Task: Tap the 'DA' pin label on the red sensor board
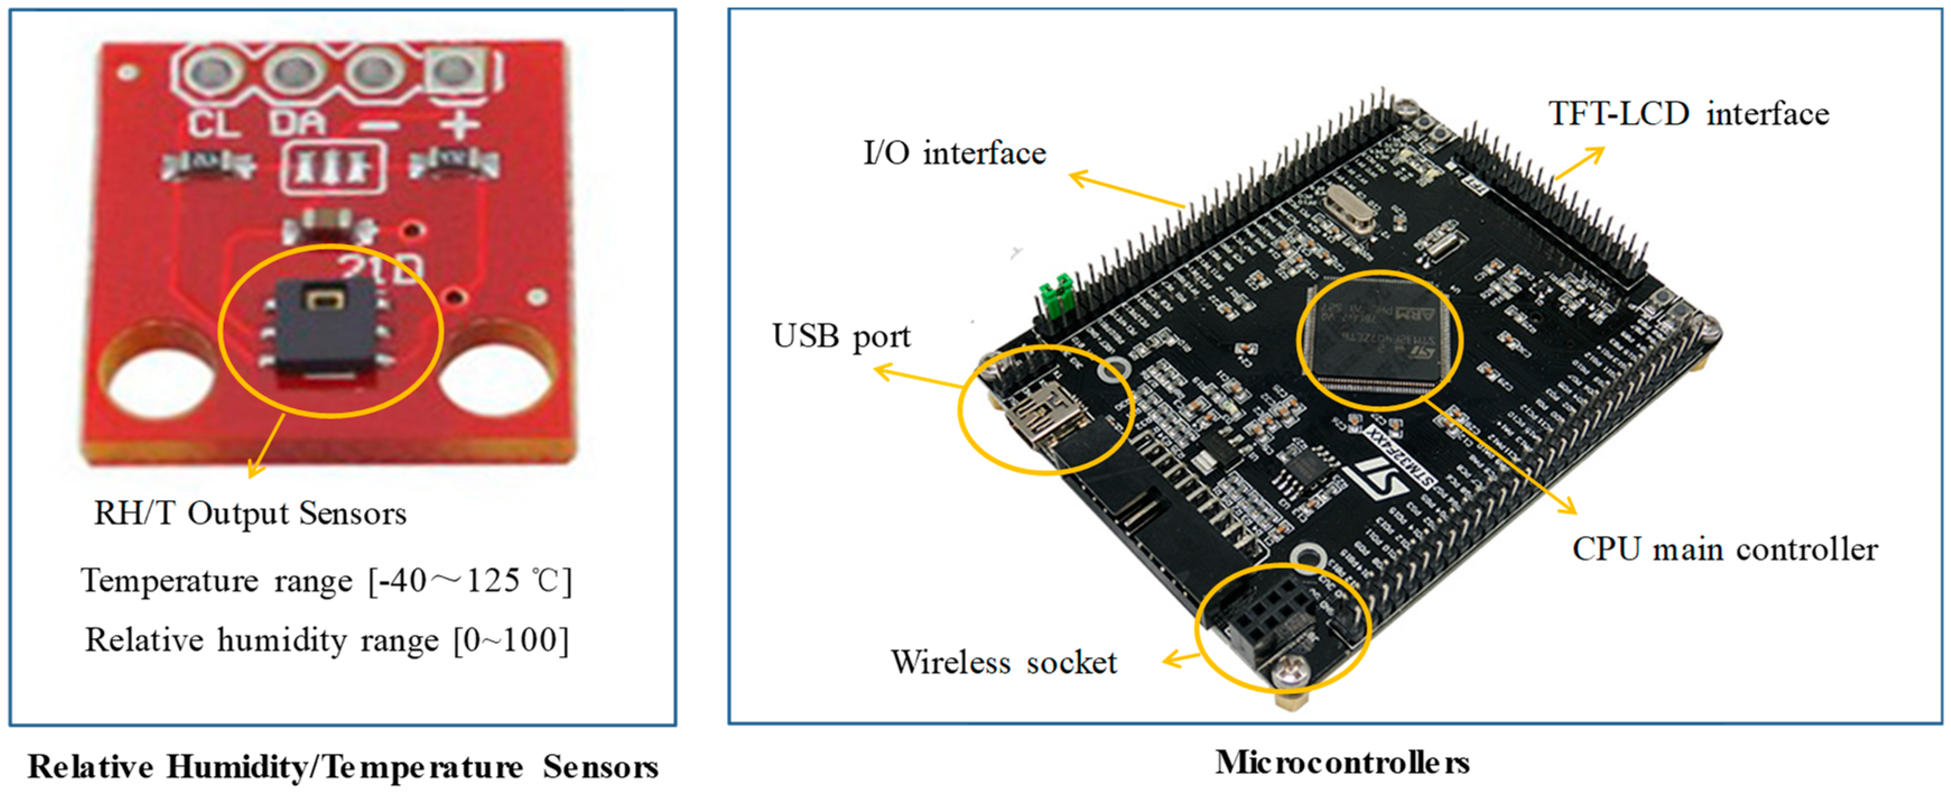coord(298,123)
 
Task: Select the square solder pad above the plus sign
coord(454,71)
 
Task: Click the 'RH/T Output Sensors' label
coord(250,513)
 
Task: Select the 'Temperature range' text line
coord(216,581)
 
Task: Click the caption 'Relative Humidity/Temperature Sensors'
coord(342,766)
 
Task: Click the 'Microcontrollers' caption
coord(1342,762)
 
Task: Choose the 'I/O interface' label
coord(954,153)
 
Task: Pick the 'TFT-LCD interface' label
coord(1688,114)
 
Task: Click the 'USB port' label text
coord(840,336)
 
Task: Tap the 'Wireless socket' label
coord(1004,662)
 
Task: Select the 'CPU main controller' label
coord(1725,549)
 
